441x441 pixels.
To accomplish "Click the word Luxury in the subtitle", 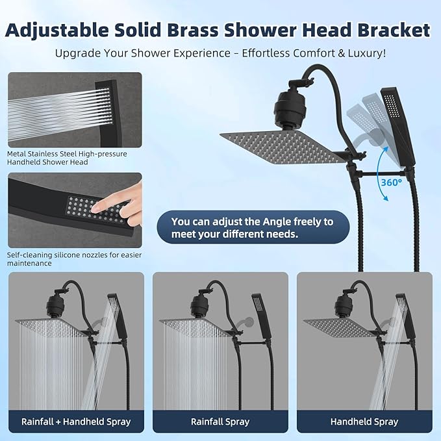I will point(361,53).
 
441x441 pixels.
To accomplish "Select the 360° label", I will point(391,183).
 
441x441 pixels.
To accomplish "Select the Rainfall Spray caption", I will point(220,422).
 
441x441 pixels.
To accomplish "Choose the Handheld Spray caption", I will point(364,422).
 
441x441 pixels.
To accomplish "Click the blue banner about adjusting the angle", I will point(252,227).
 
